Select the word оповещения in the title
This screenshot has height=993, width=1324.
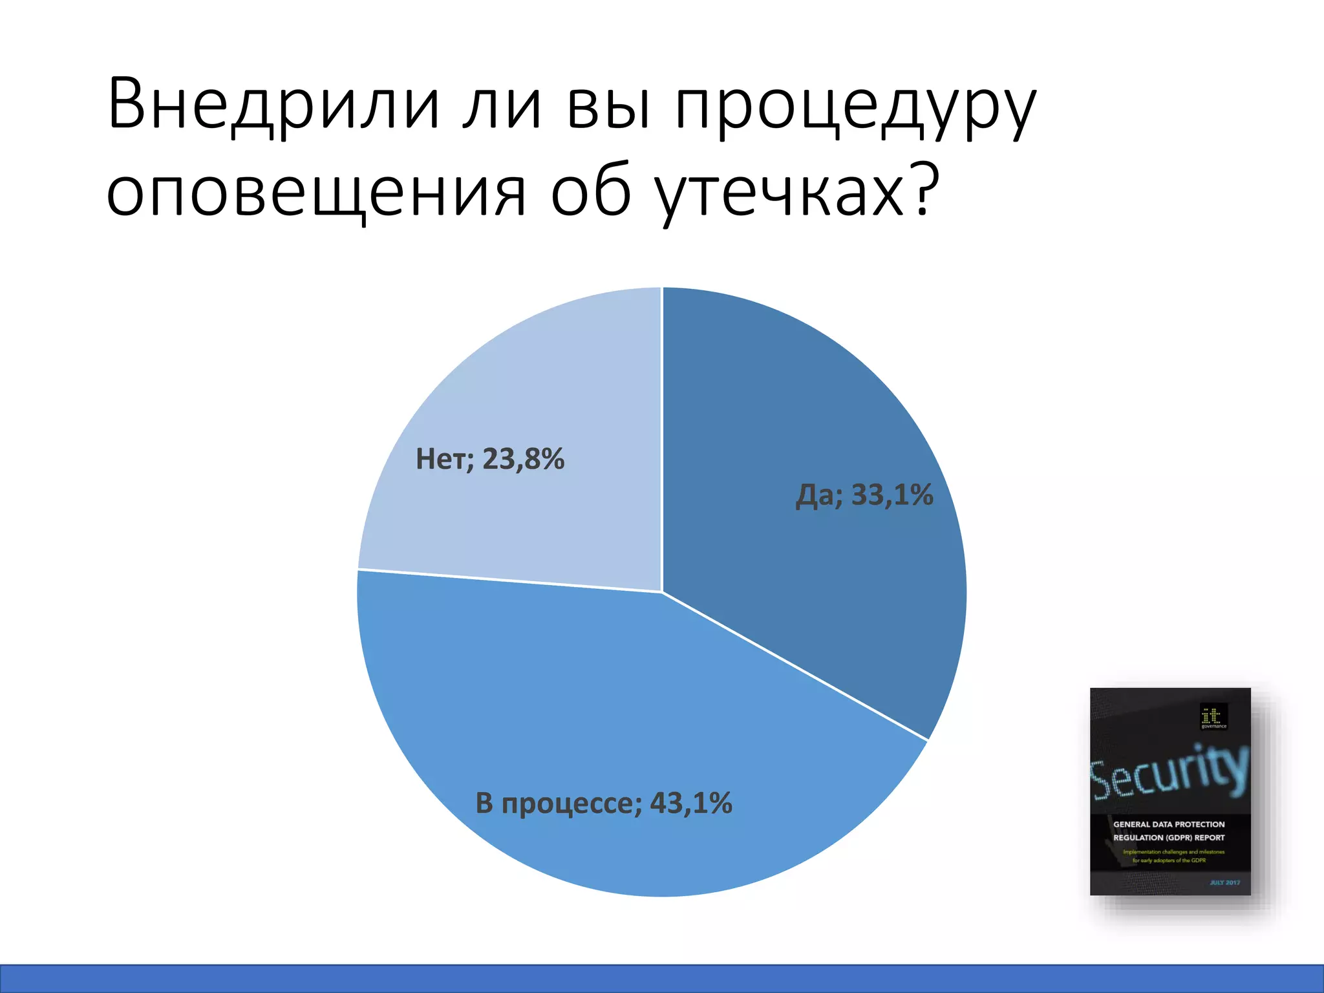pyautogui.click(x=316, y=193)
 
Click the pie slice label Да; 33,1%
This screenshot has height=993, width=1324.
pyautogui.click(x=864, y=495)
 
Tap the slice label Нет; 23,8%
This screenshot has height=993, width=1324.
pyautogui.click(x=490, y=459)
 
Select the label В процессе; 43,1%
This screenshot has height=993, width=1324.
pyautogui.click(x=604, y=803)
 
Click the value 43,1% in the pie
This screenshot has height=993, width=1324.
pyautogui.click(x=691, y=803)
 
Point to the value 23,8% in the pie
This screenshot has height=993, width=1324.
pyautogui.click(x=524, y=459)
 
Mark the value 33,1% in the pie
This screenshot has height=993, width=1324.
pyautogui.click(x=892, y=495)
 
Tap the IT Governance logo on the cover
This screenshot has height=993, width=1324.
pyautogui.click(x=1213, y=716)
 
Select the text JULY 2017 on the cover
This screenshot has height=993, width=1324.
pyautogui.click(x=1224, y=882)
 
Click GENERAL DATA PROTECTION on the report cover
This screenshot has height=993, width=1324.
pyautogui.click(x=1169, y=824)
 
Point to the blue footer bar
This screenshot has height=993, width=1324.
pyautogui.click(x=662, y=978)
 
